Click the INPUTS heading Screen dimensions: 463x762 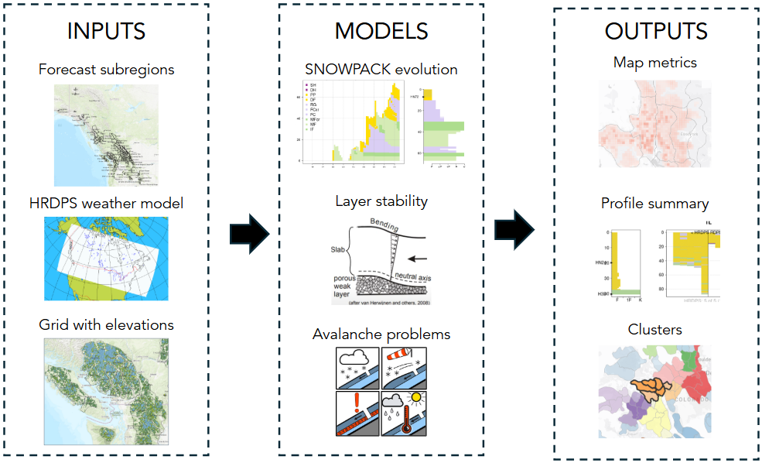106,31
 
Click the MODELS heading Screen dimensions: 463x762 381,31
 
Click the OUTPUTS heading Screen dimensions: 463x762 656,31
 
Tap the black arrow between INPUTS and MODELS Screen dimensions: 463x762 248,232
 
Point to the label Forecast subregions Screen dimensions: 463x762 107,69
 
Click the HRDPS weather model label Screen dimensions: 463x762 107,203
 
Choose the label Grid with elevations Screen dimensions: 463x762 107,324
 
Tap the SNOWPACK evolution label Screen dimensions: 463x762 381,69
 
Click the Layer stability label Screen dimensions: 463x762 381,201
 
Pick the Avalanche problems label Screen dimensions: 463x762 381,334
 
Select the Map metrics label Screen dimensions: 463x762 655,62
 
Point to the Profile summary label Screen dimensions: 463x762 655,204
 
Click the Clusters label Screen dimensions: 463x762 655,329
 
